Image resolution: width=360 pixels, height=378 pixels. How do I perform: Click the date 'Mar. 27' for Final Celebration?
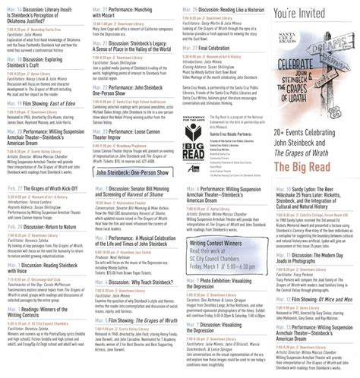(190, 48)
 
